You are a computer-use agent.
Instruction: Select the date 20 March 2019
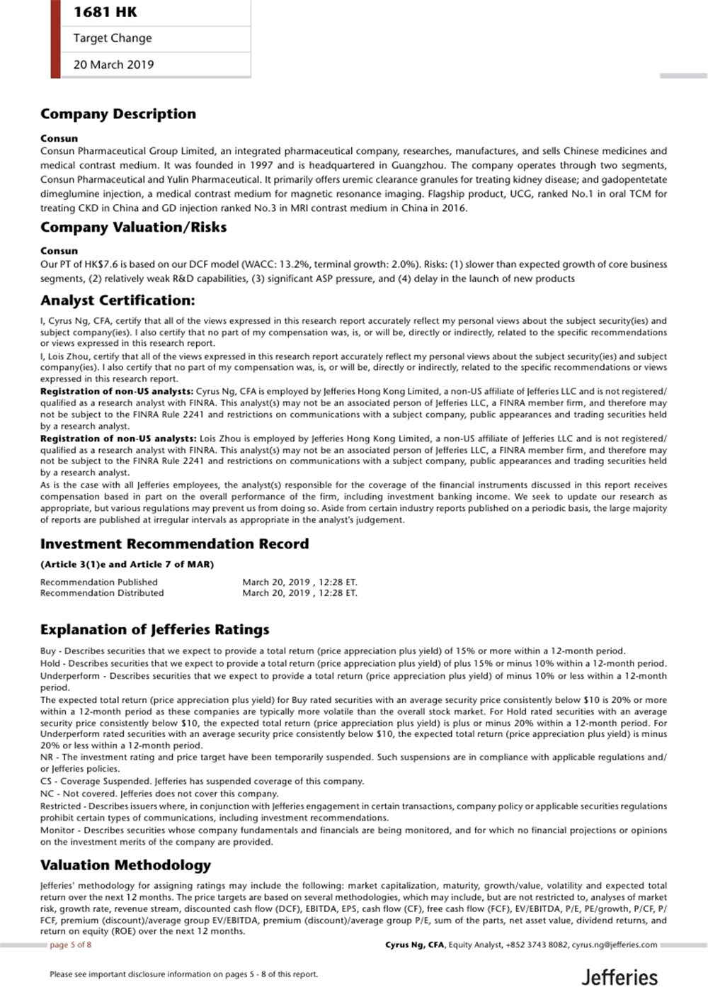point(113,64)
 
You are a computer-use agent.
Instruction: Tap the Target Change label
point(112,38)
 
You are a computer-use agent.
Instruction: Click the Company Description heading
point(118,114)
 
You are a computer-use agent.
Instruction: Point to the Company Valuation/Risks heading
point(133,227)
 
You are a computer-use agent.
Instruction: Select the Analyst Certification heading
point(118,300)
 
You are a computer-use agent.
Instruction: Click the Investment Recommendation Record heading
point(174,544)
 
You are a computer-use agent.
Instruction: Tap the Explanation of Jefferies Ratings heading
point(154,630)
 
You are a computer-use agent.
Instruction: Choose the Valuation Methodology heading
point(125,865)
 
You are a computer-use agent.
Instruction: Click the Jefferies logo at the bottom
point(619,978)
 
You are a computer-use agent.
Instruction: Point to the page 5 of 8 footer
point(70,945)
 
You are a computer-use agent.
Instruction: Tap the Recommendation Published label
point(98,582)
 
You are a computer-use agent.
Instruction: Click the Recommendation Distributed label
point(101,593)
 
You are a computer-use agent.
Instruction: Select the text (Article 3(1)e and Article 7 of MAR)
point(127,565)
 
